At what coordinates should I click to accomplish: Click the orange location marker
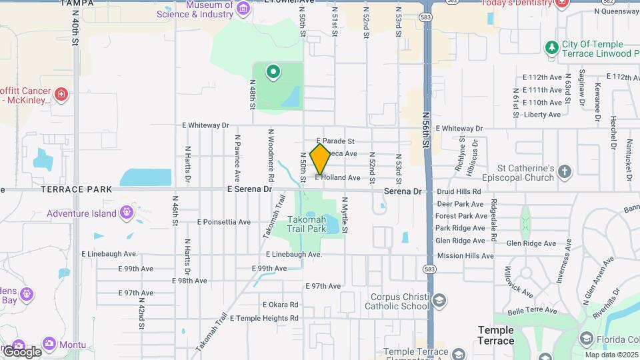pos(321,159)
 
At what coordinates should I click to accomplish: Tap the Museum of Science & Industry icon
pos(243,8)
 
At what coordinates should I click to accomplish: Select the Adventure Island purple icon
pos(127,214)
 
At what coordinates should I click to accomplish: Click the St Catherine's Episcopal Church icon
pos(565,171)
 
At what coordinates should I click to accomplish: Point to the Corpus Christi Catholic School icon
pos(439,300)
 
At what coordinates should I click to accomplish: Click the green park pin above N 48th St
pos(273,71)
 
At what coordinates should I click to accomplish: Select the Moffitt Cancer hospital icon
pos(61,94)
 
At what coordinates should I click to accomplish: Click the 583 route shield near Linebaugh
pos(429,268)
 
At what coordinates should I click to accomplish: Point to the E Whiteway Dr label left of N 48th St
pos(205,125)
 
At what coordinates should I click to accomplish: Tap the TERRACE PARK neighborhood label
pos(73,189)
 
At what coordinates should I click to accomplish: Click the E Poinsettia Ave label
pos(224,222)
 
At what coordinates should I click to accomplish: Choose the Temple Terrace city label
pos(496,335)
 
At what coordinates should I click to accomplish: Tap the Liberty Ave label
pos(543,115)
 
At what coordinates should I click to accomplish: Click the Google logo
pos(22,351)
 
